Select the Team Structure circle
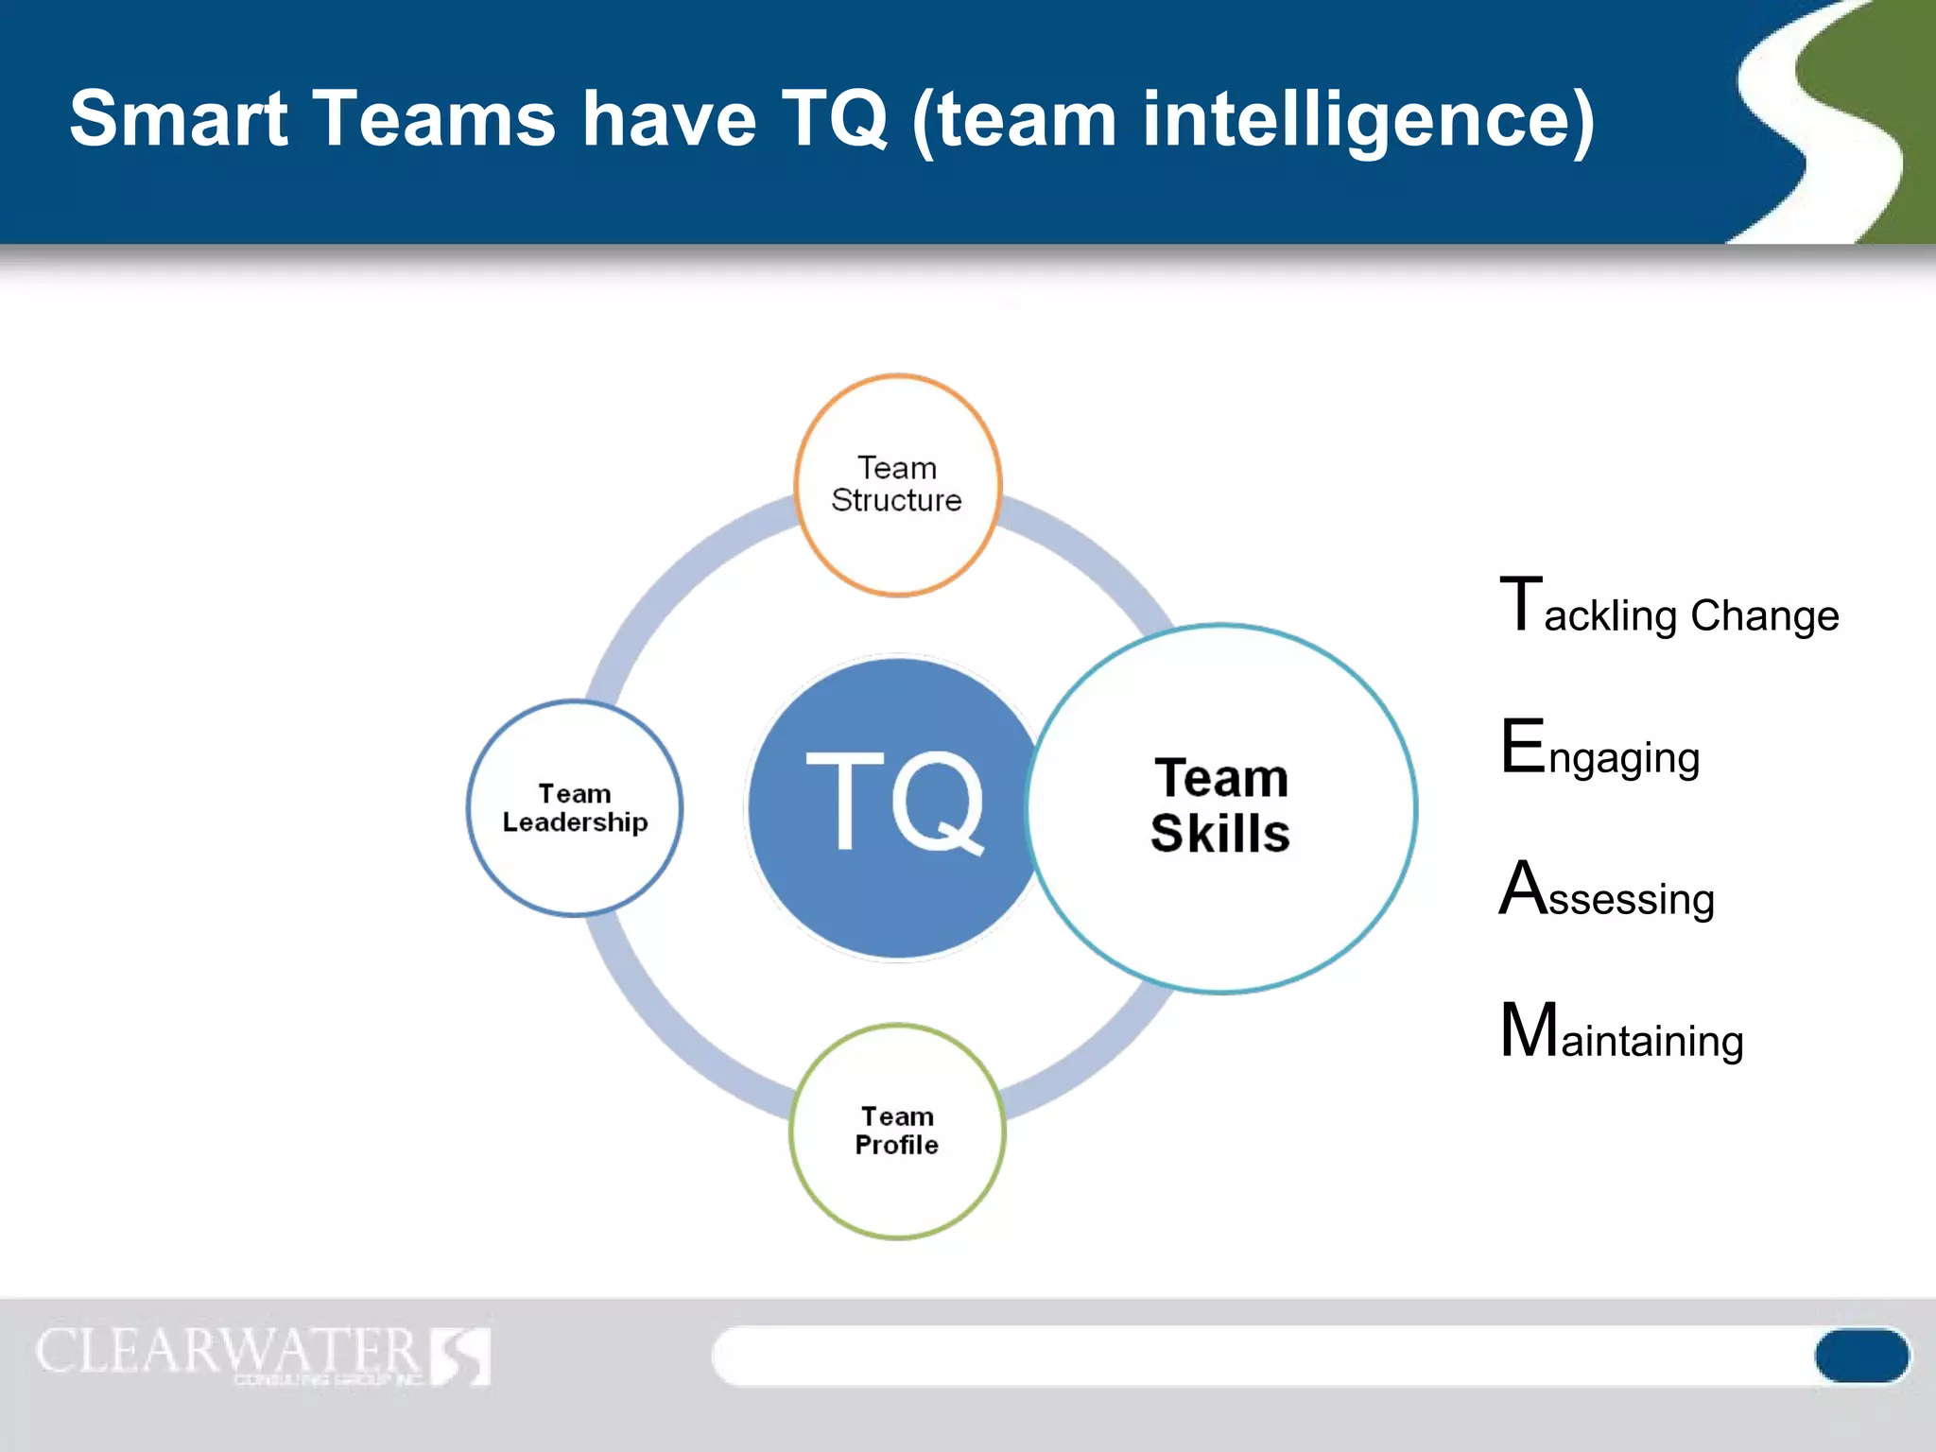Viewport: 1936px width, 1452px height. [x=897, y=485]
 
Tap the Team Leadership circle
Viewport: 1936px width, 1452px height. [x=575, y=808]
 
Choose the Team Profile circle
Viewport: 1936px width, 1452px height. [x=897, y=1131]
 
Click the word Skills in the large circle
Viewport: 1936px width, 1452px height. [x=1220, y=834]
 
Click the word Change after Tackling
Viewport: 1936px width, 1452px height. [x=1764, y=615]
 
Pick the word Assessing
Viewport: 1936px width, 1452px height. [x=1607, y=893]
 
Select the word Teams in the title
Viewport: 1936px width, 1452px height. [x=434, y=119]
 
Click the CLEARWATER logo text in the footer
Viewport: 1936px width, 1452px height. [x=227, y=1352]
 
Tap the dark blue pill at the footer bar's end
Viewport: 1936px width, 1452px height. [x=1860, y=1355]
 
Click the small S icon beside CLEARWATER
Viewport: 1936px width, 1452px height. [x=461, y=1356]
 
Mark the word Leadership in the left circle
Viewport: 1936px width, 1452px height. [x=575, y=823]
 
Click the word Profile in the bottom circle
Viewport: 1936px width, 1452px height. [x=896, y=1146]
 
